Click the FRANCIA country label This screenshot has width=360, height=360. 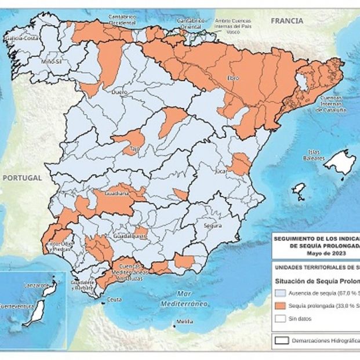[x=286, y=21]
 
